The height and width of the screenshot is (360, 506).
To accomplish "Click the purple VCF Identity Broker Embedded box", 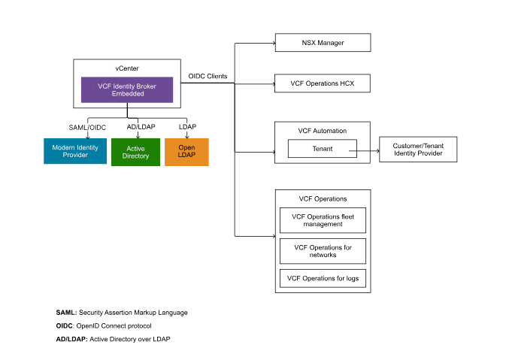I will (126, 90).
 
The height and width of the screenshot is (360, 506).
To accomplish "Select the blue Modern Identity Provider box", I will (74, 151).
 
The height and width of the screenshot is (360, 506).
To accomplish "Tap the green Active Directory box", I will (135, 152).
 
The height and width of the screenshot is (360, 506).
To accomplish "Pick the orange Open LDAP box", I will (186, 152).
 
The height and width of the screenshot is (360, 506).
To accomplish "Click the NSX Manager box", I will (323, 43).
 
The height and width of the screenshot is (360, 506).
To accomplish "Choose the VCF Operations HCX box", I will (323, 83).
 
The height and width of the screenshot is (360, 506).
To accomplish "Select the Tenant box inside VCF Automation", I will (323, 149).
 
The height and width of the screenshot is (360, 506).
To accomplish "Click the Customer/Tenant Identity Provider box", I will (418, 149).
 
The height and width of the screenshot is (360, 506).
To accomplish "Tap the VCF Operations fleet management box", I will (323, 220).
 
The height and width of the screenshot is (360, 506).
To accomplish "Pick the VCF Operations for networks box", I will (323, 251).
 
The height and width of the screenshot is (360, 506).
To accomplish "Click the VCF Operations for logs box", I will (323, 279).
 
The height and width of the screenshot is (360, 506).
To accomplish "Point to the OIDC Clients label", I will (208, 77).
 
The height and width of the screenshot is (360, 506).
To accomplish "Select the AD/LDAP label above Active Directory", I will (141, 126).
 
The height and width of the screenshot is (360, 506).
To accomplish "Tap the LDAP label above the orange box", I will (187, 126).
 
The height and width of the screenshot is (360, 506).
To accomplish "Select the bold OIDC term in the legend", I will (65, 325).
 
